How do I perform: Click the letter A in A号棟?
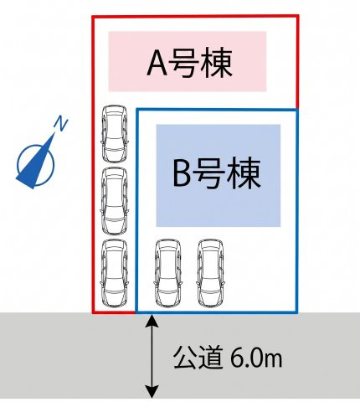[157, 63]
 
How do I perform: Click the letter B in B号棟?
[182, 173]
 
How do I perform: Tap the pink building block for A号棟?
[188, 61]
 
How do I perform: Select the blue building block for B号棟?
[219, 175]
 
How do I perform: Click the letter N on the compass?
[61, 124]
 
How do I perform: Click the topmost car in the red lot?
[115, 133]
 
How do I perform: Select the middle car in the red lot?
[115, 201]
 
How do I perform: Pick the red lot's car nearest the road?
[115, 273]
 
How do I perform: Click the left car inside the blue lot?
[168, 273]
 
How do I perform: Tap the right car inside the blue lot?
[211, 273]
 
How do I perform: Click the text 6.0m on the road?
[256, 358]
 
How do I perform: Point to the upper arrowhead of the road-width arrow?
[152, 320]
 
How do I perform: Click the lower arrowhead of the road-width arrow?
[152, 391]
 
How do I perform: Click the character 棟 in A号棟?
[219, 63]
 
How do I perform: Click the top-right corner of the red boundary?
[298, 17]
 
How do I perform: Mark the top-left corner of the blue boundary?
[136, 110]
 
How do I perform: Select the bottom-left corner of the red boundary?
[94, 312]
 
